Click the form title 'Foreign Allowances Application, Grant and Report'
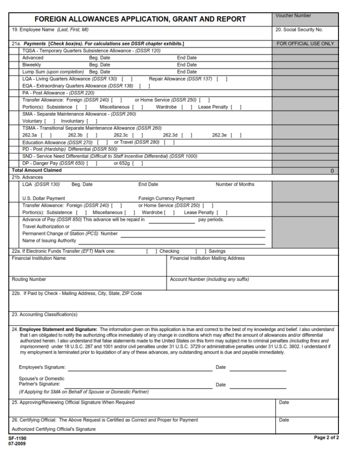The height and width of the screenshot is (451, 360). coord(140,19)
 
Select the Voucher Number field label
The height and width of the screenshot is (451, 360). coord(293,15)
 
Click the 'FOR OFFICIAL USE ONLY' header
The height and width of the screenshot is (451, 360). coord(305,44)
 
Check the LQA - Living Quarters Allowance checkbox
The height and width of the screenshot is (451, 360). coord(127,79)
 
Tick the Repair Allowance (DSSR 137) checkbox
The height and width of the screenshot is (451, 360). coord(222,79)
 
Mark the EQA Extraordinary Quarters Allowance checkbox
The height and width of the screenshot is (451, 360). coord(144,86)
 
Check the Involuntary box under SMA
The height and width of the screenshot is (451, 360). coord(92,121)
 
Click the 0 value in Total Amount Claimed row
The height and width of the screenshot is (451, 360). coord(332,171)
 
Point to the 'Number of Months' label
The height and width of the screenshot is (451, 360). coord(235,184)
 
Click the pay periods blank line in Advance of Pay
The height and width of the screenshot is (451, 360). coord(172,220)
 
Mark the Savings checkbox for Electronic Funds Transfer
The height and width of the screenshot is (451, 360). coord(201,251)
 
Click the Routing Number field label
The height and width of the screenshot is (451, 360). coord(29,279)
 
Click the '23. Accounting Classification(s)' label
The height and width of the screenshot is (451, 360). coord(45,315)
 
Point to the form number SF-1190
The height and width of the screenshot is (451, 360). coord(17,438)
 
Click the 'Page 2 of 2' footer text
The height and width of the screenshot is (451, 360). coord(326,437)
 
